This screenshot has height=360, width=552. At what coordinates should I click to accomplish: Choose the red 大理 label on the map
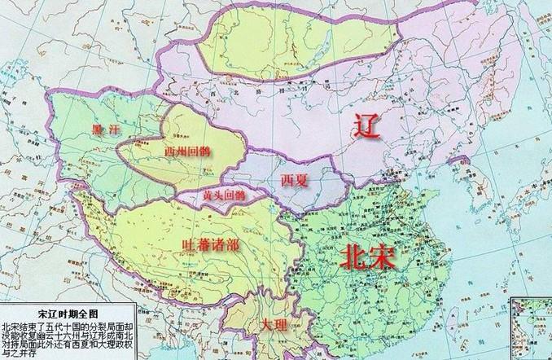pos(274,325)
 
